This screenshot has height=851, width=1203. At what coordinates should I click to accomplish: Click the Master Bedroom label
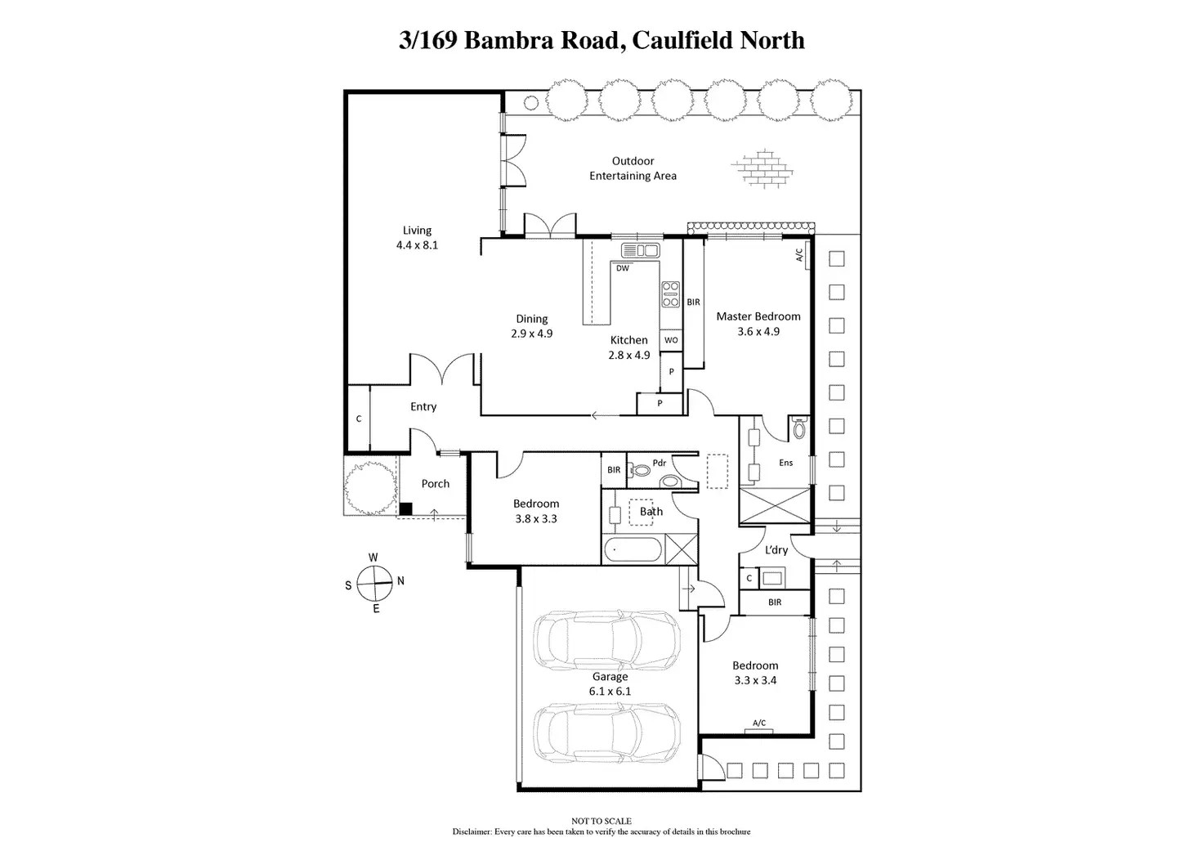click(x=758, y=316)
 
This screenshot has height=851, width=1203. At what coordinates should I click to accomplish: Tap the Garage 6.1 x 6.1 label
click(x=610, y=684)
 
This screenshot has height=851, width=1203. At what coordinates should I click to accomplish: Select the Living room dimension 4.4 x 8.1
click(x=418, y=245)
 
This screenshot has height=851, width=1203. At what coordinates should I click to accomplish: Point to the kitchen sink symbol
click(x=640, y=250)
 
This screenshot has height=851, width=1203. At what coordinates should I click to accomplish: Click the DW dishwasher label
click(x=623, y=268)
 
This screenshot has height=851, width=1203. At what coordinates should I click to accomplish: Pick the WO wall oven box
click(x=671, y=340)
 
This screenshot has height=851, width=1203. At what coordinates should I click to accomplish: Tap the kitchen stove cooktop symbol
click(x=671, y=294)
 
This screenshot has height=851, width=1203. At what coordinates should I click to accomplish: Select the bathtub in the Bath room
click(x=633, y=550)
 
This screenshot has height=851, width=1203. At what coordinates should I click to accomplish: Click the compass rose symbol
click(x=374, y=584)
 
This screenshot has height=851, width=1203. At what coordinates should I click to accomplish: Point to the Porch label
click(x=435, y=483)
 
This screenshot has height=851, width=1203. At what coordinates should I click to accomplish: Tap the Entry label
click(x=423, y=406)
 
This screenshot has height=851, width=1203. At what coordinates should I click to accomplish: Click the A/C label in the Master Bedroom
click(x=799, y=255)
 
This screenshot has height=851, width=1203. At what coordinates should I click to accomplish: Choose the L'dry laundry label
click(x=776, y=549)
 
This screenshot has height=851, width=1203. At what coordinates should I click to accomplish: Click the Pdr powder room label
click(x=659, y=463)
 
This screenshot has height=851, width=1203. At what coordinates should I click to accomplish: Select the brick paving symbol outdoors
click(x=762, y=168)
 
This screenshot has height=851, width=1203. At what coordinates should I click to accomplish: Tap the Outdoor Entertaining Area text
click(x=633, y=168)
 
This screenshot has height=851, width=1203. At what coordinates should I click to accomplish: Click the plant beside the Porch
click(x=370, y=487)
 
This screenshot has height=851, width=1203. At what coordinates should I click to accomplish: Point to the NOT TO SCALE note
click(x=601, y=821)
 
